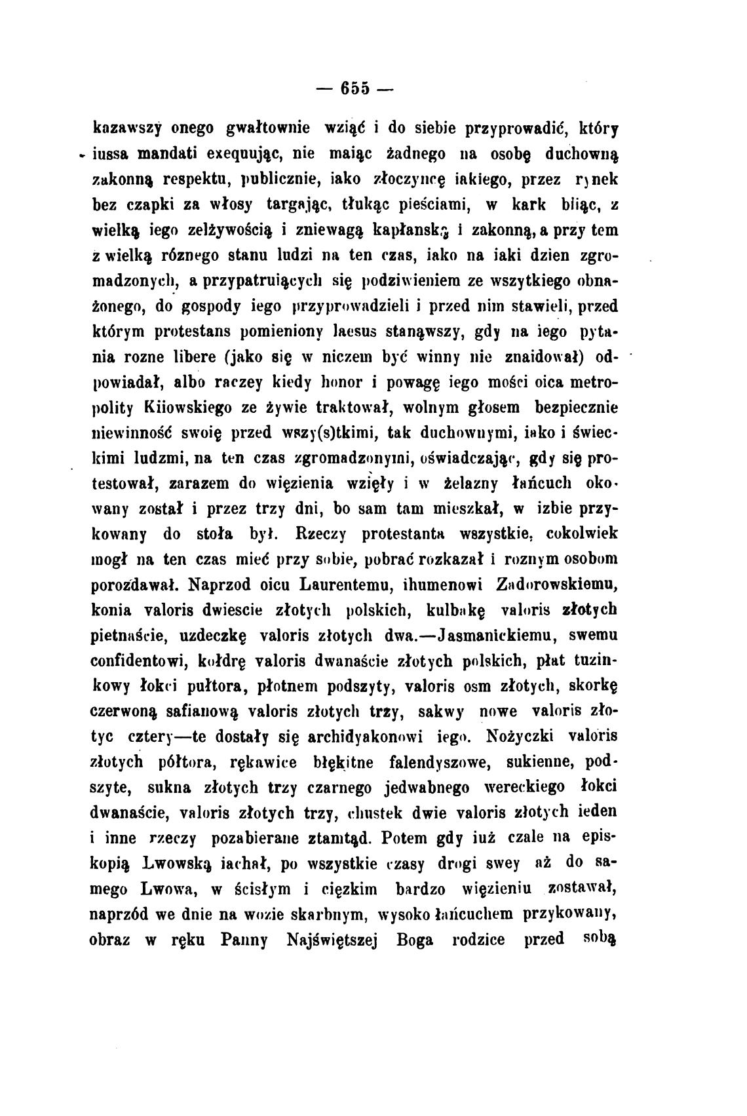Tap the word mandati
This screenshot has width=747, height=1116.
pos(177,155)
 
